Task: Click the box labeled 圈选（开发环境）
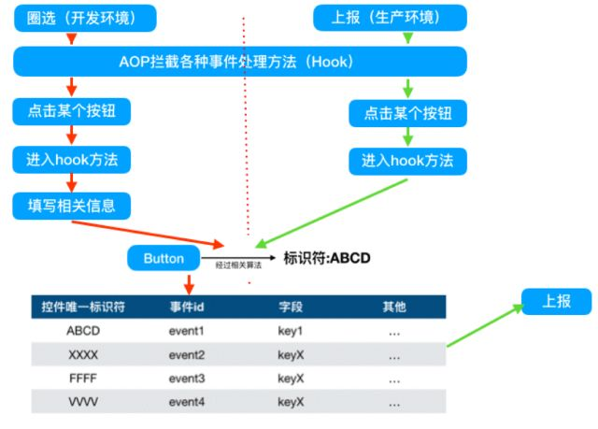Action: click(72, 17)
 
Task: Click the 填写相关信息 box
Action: click(72, 204)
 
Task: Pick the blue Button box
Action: click(164, 257)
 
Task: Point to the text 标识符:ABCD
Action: click(327, 257)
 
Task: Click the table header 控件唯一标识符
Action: click(84, 306)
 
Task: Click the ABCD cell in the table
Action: click(83, 331)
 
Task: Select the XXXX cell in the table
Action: click(83, 354)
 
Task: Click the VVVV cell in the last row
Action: click(83, 401)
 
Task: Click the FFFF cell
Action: click(83, 378)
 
